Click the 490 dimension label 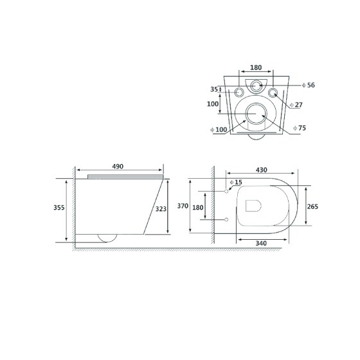(118, 166)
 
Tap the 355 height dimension (59, 207)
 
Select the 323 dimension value (161, 209)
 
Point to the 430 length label (261, 170)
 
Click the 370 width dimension (183, 206)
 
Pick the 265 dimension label (312, 206)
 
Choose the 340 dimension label (261, 243)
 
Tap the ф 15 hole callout (236, 182)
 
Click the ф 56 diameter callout (309, 85)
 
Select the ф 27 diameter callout (296, 105)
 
